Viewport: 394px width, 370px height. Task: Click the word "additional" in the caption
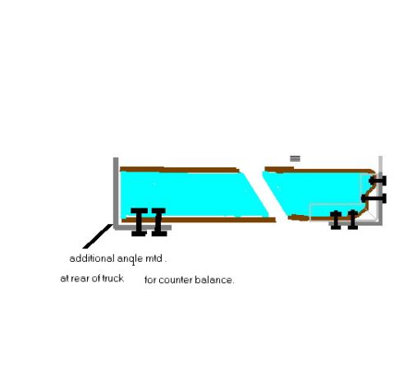(x=92, y=258)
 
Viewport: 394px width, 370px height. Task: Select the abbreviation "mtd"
(x=153, y=258)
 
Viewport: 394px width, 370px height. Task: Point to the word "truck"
(x=112, y=278)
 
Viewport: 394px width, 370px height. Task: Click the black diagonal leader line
(x=98, y=236)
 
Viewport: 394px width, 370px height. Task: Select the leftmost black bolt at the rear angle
(x=140, y=222)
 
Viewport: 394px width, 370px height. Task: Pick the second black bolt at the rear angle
(x=159, y=222)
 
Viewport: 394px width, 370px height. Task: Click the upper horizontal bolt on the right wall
(x=378, y=180)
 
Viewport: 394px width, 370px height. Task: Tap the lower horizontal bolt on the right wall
(x=373, y=199)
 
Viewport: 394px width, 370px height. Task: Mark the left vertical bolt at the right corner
(x=336, y=220)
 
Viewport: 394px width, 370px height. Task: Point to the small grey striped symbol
(x=295, y=158)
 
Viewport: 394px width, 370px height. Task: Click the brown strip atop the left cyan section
(x=180, y=170)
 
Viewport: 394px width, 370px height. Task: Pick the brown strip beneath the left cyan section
(x=199, y=220)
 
